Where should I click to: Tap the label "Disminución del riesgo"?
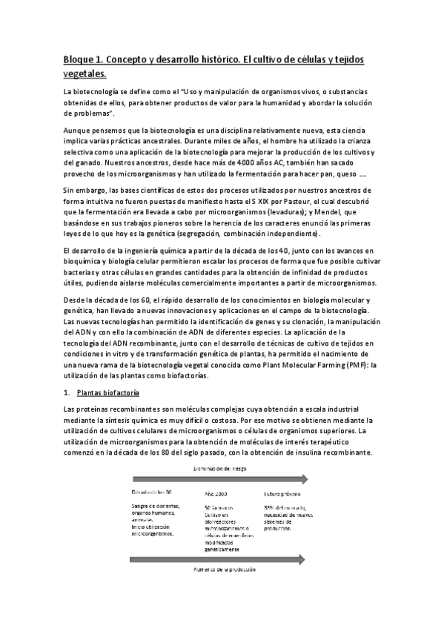tap(222, 468)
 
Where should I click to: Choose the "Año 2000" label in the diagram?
tap(215, 493)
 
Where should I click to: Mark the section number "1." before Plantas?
tap(67, 392)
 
